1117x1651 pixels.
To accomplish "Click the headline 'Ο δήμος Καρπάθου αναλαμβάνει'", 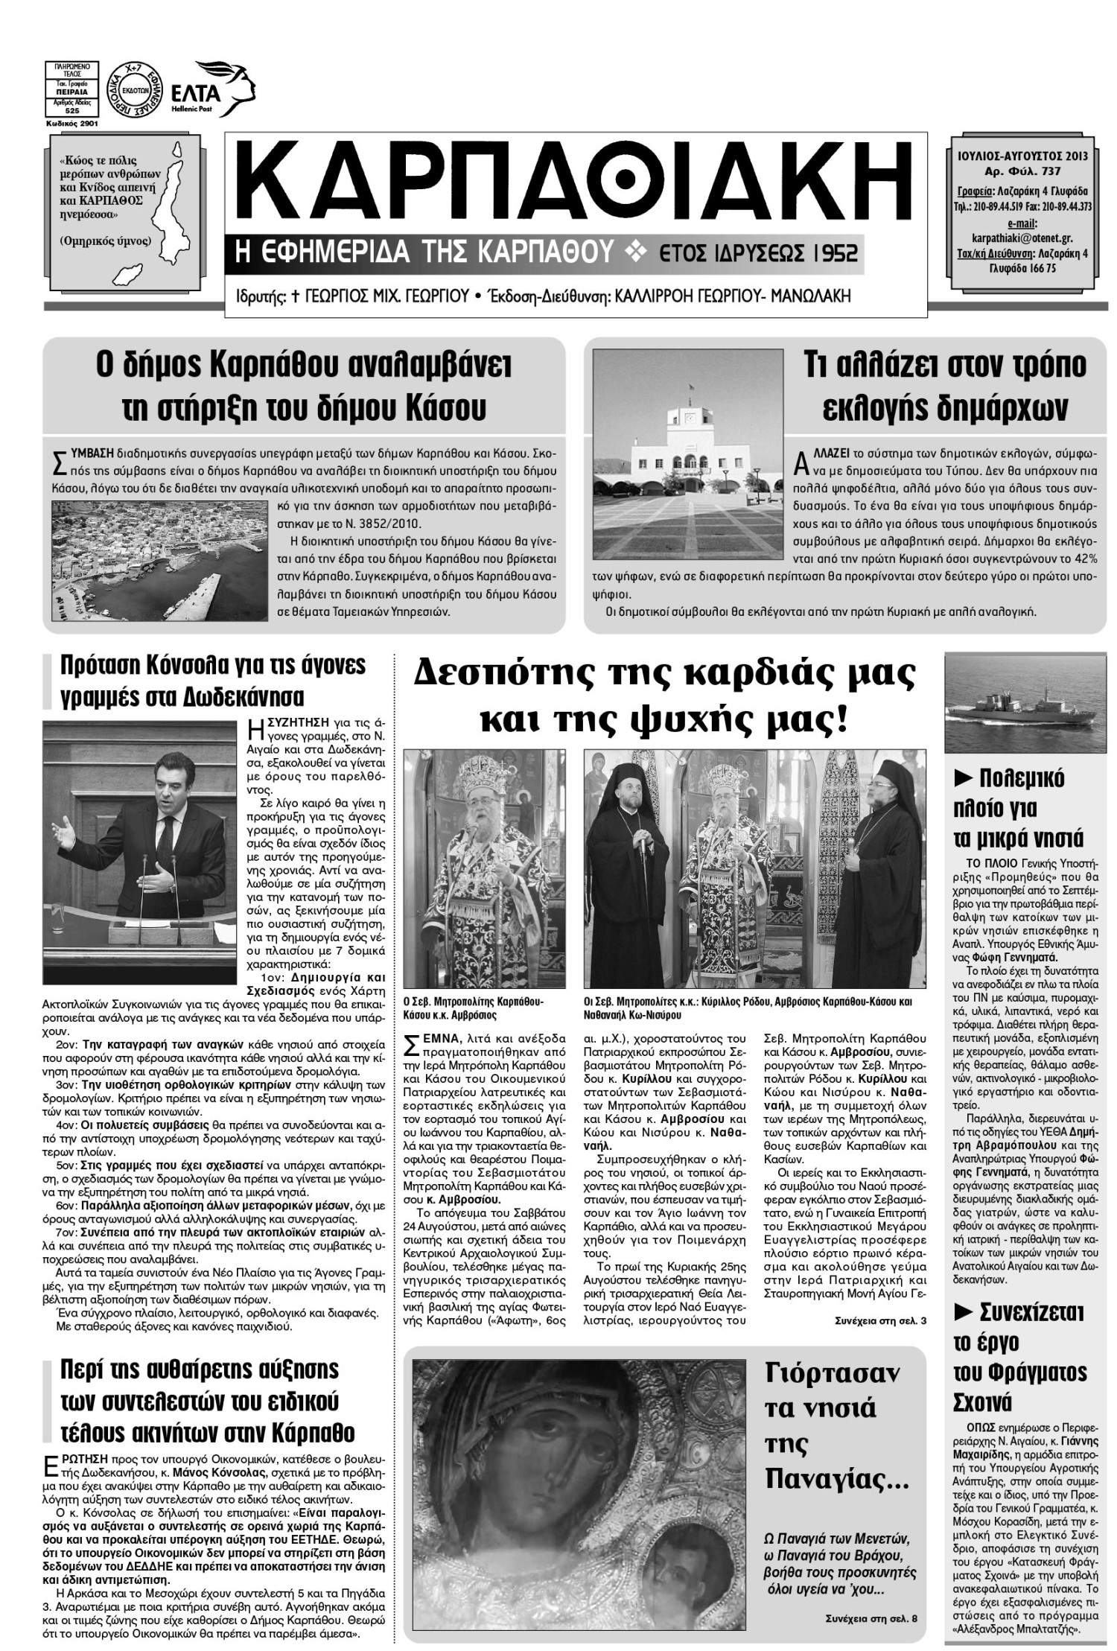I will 303,365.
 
